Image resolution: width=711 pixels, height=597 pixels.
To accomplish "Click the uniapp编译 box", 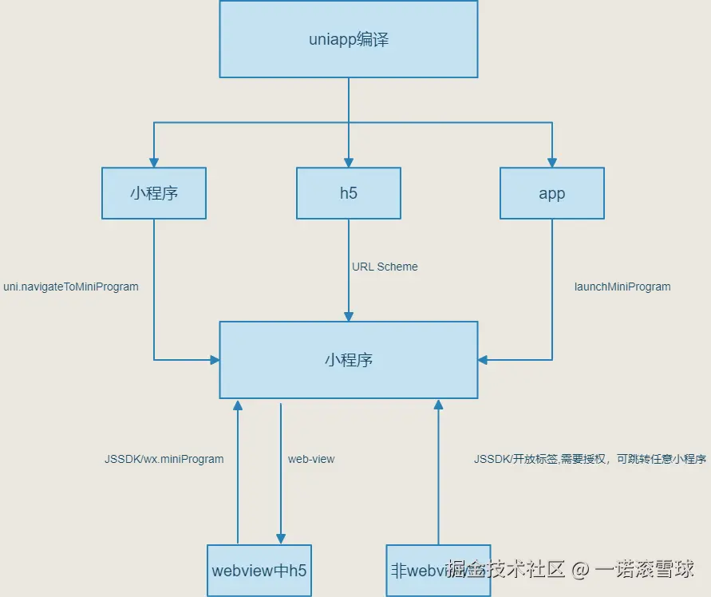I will click(349, 39).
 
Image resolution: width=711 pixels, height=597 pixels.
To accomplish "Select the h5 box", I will click(349, 193).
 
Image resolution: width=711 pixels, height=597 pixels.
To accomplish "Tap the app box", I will click(551, 193).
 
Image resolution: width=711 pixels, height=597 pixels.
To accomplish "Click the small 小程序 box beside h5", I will click(154, 193).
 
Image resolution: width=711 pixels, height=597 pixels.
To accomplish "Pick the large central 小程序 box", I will click(349, 360).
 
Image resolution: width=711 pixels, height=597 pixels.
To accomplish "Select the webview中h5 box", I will click(259, 570).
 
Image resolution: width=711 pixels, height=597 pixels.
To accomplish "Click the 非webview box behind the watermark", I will click(415, 570).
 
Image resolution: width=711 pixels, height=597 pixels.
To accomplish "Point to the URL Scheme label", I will click(385, 267).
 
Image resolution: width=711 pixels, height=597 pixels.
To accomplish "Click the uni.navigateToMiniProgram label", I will click(71, 287).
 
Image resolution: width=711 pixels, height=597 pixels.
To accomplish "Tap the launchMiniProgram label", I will click(622, 287).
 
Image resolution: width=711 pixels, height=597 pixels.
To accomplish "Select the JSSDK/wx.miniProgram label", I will click(164, 459).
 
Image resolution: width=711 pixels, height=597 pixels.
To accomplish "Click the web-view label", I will click(311, 459).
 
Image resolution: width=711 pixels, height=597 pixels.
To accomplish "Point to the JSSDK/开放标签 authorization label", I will click(590, 459).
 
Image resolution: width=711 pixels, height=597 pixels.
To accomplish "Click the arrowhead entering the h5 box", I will click(349, 162).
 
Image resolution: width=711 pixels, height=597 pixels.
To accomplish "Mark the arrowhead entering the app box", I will click(551, 162).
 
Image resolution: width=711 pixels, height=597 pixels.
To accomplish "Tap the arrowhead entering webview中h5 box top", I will click(281, 540).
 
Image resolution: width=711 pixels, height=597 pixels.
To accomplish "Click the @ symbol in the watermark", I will click(580, 569).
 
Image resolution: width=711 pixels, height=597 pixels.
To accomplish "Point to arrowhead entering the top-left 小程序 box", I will click(154, 162).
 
